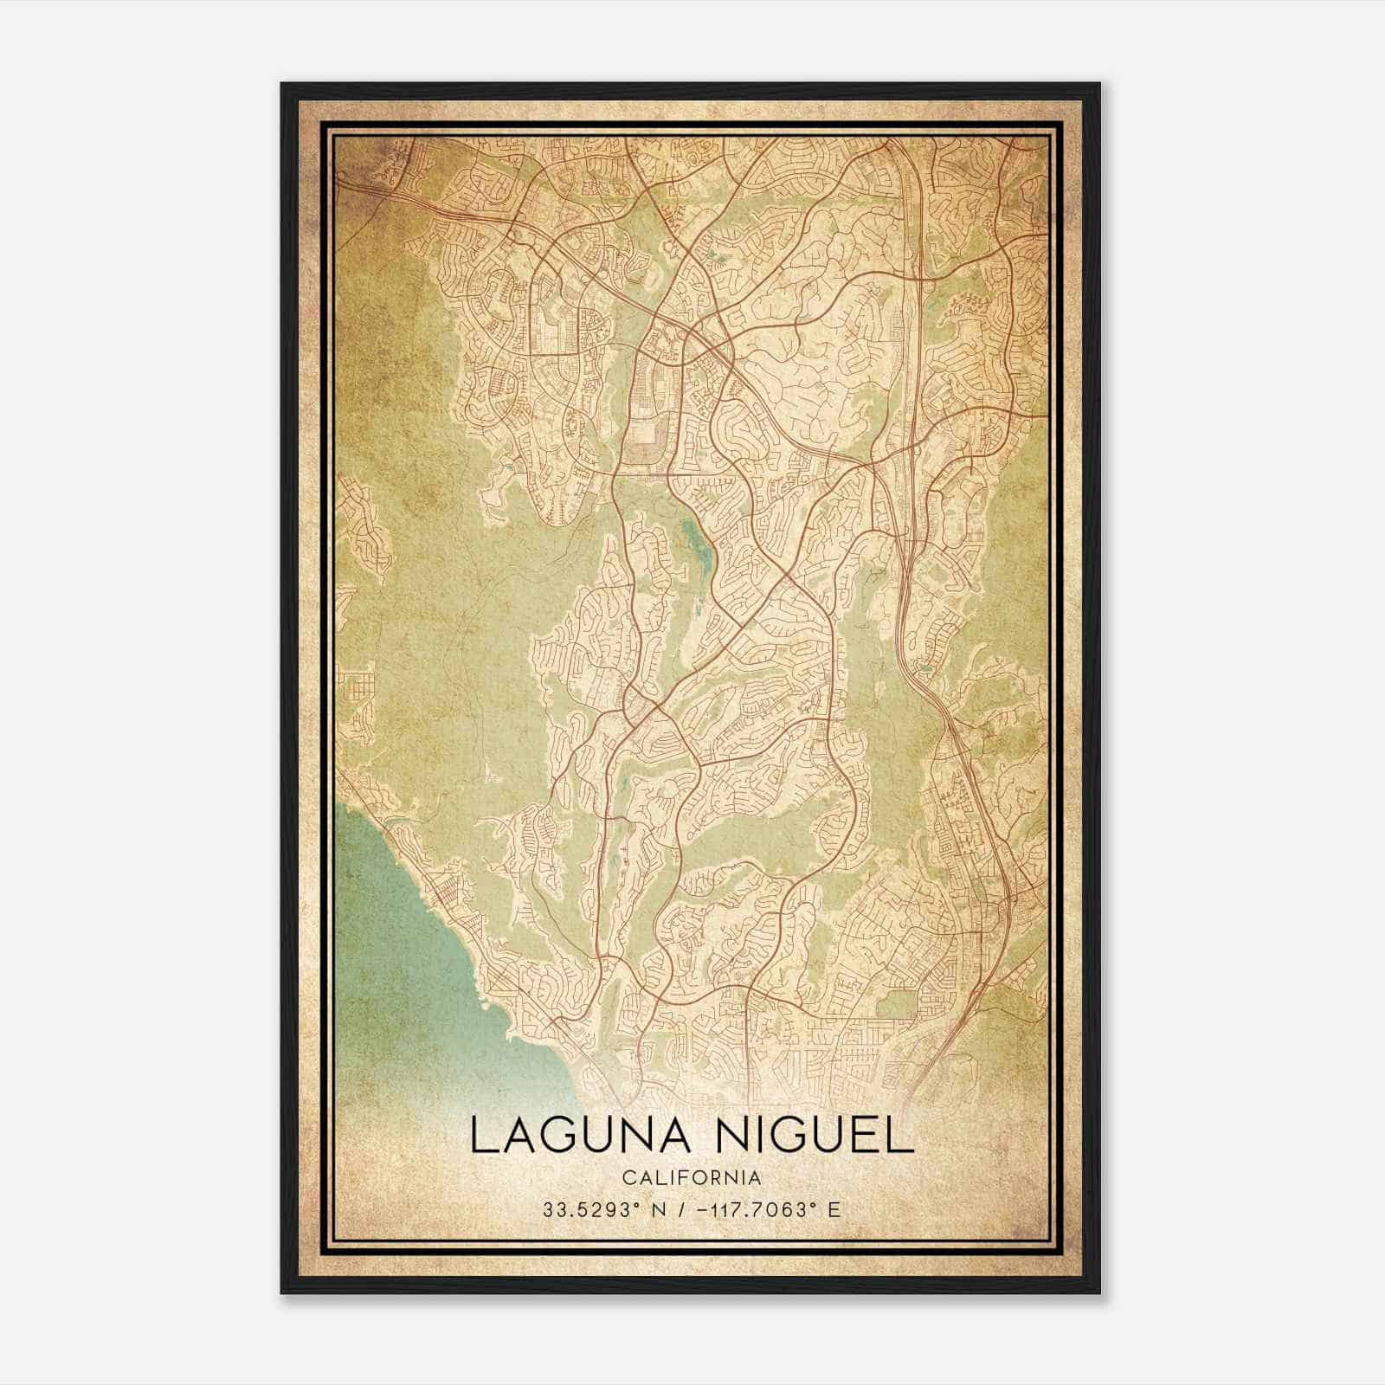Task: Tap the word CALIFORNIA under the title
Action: click(691, 1177)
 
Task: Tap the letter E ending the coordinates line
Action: click(834, 1209)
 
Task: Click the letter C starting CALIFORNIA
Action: click(625, 1177)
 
